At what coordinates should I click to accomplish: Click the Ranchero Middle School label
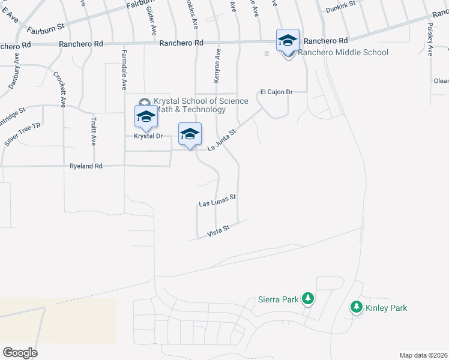point(343,53)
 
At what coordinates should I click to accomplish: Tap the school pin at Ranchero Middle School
point(288,40)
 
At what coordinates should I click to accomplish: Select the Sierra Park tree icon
point(308,298)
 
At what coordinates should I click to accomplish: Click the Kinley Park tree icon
point(356,308)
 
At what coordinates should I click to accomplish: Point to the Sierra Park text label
point(279,298)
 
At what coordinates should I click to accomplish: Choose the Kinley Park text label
point(386,308)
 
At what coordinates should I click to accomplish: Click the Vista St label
point(218,230)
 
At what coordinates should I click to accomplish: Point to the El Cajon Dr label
point(276,92)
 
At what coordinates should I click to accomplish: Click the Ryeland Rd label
point(86,166)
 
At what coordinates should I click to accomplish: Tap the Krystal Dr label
point(148,136)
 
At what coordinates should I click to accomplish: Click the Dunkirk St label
point(341,9)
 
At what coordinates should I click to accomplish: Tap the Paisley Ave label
point(430,39)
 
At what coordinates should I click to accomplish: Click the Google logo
point(20,353)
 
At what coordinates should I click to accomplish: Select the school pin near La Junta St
point(190,134)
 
